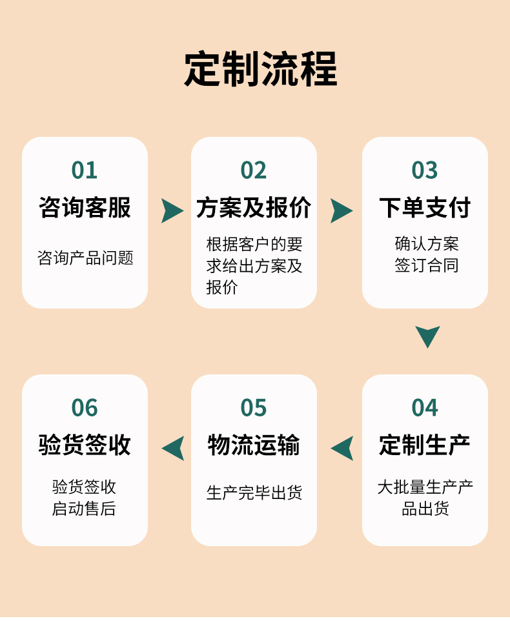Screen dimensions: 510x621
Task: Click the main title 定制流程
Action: click(260, 69)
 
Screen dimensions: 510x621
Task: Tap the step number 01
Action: click(85, 170)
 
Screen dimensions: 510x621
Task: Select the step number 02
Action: click(254, 170)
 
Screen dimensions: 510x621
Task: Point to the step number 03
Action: click(425, 170)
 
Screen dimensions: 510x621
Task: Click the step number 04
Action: click(425, 408)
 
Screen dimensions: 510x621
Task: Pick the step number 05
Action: click(254, 408)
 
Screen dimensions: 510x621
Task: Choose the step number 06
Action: click(85, 408)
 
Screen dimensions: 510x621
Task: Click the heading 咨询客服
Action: click(85, 208)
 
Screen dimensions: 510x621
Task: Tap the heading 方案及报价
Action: click(254, 208)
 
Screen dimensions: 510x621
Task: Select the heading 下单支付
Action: click(425, 208)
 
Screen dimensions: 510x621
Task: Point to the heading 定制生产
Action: click(425, 445)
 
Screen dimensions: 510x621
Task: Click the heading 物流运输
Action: click(254, 445)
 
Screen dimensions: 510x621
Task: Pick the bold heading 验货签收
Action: click(85, 445)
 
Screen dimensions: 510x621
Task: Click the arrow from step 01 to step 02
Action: click(171, 210)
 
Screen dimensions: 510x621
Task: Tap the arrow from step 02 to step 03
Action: click(340, 210)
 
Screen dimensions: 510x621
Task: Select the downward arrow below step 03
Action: click(427, 336)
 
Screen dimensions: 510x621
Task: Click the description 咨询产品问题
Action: click(85, 258)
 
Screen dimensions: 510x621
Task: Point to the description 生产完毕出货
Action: click(254, 493)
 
